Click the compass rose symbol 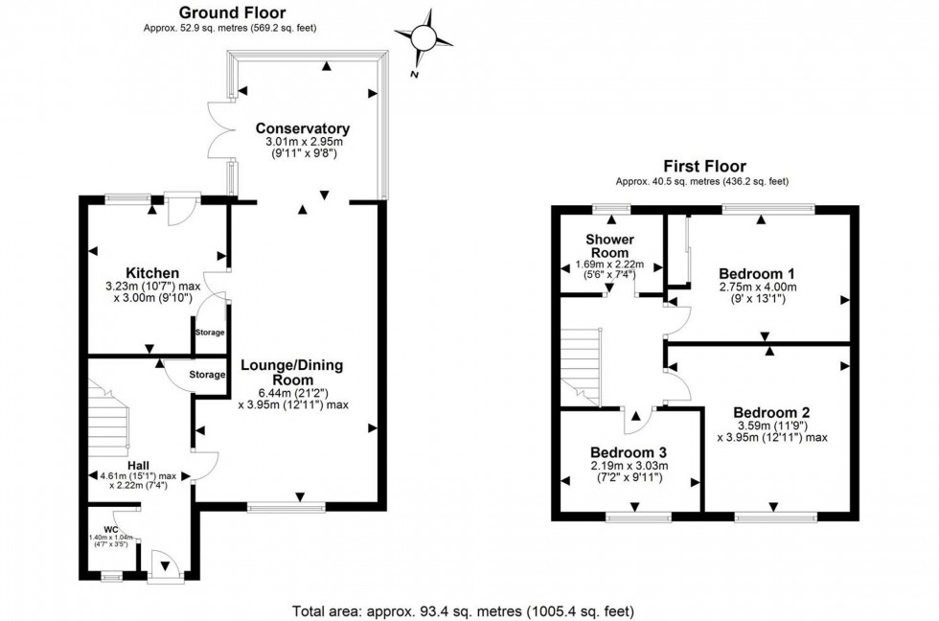(424, 36)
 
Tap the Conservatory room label (302, 128)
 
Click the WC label (111, 529)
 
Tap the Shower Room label (608, 245)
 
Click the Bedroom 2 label (771, 414)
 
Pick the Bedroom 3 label (628, 452)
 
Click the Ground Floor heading (226, 11)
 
